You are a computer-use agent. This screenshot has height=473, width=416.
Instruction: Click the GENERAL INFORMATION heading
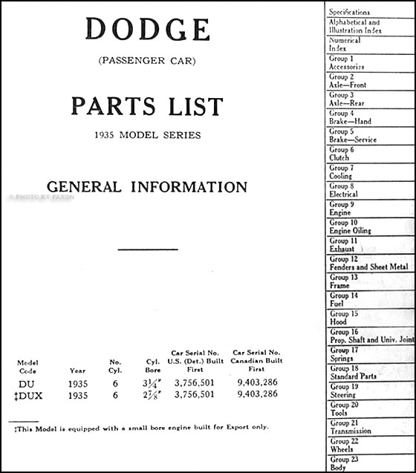pyautogui.click(x=147, y=186)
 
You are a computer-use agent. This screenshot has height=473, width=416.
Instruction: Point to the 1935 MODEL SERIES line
pyautogui.click(x=147, y=136)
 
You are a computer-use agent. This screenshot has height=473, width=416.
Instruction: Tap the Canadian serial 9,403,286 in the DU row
pyautogui.click(x=258, y=383)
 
